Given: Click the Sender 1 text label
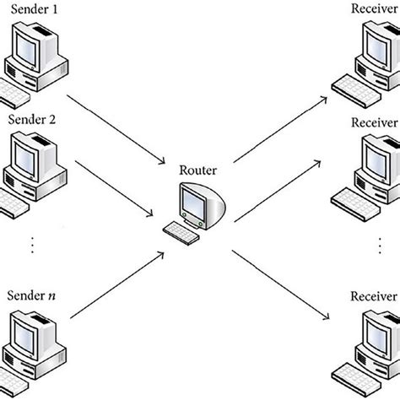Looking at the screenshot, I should [33, 8].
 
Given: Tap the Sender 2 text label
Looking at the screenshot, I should [33, 120].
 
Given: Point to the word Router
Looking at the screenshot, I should [199, 170].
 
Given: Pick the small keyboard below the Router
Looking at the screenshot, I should [184, 228].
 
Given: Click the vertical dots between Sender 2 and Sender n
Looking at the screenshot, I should [33, 246].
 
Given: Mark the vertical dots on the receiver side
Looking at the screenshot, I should [376, 246].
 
